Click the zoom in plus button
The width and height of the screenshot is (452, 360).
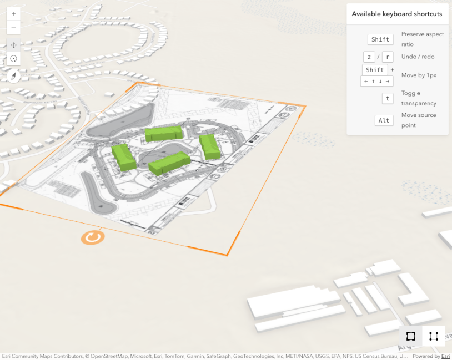point(14,13)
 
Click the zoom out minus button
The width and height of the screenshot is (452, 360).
point(14,28)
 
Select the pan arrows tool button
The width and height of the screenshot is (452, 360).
point(14,45)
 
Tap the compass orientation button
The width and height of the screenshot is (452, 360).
point(14,77)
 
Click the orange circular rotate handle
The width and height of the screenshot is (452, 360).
point(92,237)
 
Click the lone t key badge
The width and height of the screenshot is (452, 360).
point(388,98)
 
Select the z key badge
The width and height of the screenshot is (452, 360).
point(369,57)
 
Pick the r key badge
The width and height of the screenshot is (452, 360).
point(388,57)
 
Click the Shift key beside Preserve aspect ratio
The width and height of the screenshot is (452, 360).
point(380,39)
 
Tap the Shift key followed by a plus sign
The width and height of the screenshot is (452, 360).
point(375,70)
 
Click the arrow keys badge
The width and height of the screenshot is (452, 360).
point(376,81)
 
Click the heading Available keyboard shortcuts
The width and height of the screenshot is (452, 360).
point(397,14)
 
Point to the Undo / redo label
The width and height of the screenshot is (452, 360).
point(418,57)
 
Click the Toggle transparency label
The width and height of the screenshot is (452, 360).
point(419,98)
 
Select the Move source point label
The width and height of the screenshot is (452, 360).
point(419,120)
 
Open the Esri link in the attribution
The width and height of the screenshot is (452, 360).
point(445,357)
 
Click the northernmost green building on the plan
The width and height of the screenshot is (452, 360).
point(164,134)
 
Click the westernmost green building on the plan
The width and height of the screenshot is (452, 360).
point(124,157)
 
